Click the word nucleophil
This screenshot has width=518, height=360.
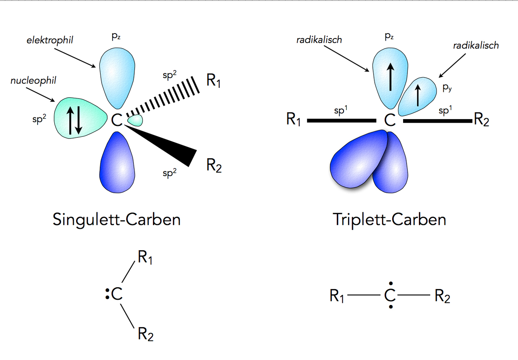(33, 81)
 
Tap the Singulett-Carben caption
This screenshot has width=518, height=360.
(117, 220)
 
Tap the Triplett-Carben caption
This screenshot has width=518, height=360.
(389, 220)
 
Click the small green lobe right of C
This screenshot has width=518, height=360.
(135, 120)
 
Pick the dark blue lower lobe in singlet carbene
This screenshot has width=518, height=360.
(117, 162)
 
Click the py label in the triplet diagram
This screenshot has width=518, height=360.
(447, 88)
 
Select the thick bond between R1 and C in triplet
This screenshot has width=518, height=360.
(342, 120)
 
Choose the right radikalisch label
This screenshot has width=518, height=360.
(476, 45)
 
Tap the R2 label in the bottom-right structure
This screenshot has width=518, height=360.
(442, 297)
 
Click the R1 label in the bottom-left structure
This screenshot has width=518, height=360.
(145, 258)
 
